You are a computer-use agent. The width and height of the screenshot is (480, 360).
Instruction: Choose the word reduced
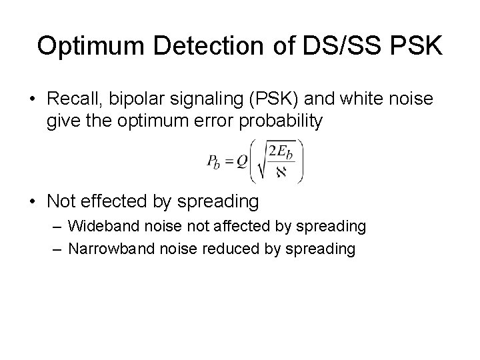(225, 248)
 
